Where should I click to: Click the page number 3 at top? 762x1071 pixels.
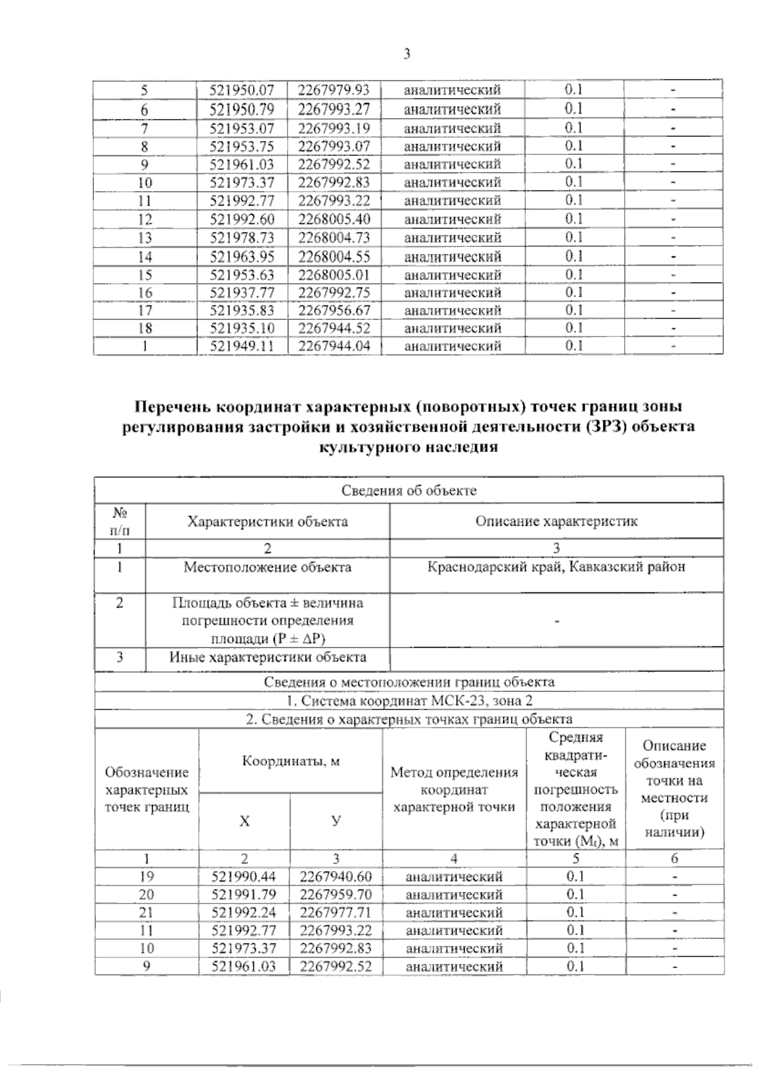coord(407,54)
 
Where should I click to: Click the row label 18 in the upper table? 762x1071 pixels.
coord(145,328)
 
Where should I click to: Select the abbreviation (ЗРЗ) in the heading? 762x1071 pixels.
coord(599,426)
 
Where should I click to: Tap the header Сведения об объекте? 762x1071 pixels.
coord(409,490)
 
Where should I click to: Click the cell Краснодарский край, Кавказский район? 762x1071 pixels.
coord(556,567)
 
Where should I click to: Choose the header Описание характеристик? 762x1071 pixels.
coord(556,521)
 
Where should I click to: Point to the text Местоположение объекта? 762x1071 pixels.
coord(267,567)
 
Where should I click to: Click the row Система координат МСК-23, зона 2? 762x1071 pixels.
coord(409,701)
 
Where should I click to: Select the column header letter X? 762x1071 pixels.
coord(244,821)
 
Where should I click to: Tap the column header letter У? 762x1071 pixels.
coord(336,821)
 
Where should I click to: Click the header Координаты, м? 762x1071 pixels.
coord(291,761)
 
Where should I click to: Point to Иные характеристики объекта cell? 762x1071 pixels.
coord(267,657)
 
